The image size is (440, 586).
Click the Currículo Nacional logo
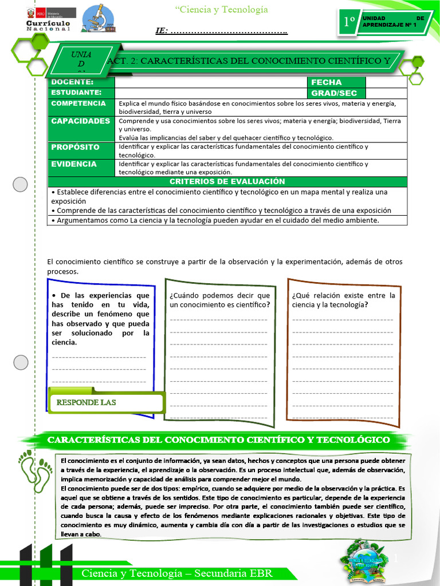pyautogui.click(x=48, y=19)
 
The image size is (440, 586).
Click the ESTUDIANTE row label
pyautogui.click(x=76, y=93)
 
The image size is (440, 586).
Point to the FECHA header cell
pyautogui.click(x=326, y=82)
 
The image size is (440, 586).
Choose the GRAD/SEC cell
pyautogui.click(x=334, y=93)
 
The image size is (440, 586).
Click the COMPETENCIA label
pyautogui.click(x=78, y=104)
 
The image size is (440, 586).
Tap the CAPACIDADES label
pyautogui.click(x=80, y=121)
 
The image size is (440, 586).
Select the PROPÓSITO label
pyautogui.click(x=75, y=147)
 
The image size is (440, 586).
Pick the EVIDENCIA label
pyautogui.click(x=74, y=164)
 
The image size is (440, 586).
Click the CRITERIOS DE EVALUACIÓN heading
pyautogui.click(x=227, y=181)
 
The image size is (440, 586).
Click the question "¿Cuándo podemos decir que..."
pyautogui.click(x=220, y=300)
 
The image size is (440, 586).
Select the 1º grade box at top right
pyautogui.click(x=348, y=22)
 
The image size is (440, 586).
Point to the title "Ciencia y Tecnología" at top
pyautogui.click(x=213, y=10)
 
